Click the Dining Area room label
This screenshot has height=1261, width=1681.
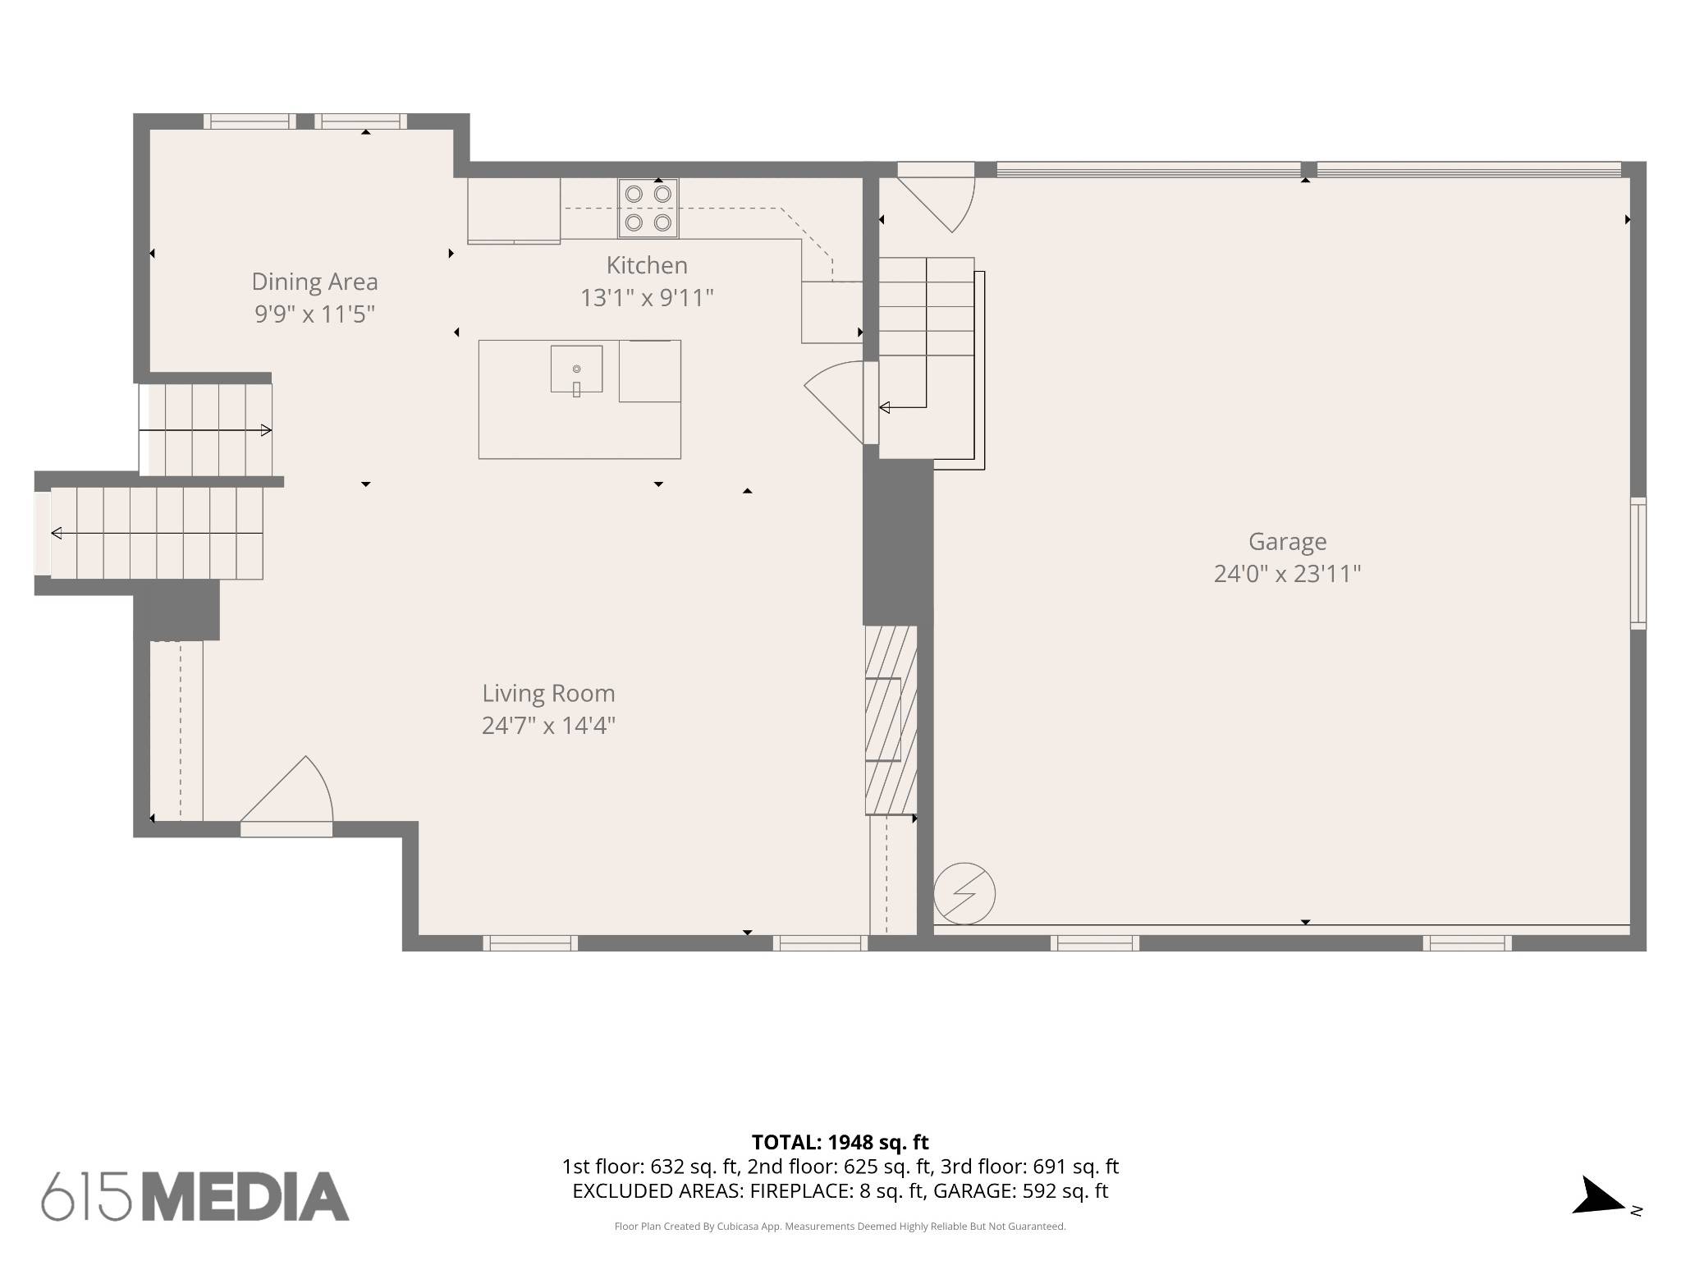point(314,282)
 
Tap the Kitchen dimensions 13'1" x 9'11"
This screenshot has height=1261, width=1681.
point(647,297)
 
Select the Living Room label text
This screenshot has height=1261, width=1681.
point(548,694)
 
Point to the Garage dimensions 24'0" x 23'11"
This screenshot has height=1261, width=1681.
point(1287,573)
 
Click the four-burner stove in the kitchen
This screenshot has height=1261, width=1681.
point(648,209)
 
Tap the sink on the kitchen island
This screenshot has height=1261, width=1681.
point(576,369)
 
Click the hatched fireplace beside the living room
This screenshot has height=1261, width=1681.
point(891,720)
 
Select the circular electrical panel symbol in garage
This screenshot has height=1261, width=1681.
point(964,893)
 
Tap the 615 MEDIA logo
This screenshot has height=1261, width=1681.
point(195,1196)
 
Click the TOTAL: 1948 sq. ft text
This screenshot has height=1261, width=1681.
point(840,1142)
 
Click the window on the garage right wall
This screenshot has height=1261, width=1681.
point(1637,563)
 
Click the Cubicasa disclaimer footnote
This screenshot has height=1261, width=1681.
point(840,1227)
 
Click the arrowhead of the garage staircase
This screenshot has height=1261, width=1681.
point(884,407)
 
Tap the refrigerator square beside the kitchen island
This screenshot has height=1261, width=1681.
point(649,371)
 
